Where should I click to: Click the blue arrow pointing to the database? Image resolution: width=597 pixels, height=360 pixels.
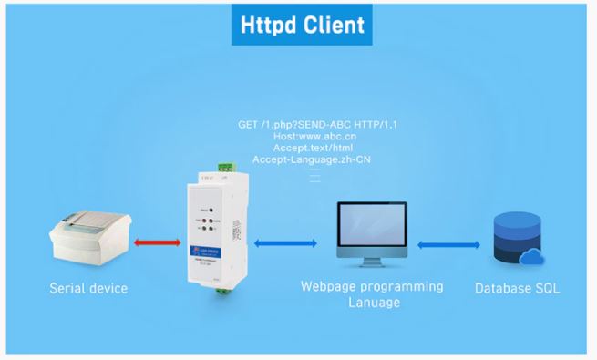[x=449, y=244]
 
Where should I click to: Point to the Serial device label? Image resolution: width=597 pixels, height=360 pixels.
[x=88, y=290]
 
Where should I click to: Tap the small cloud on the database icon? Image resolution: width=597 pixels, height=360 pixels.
[x=531, y=259]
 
